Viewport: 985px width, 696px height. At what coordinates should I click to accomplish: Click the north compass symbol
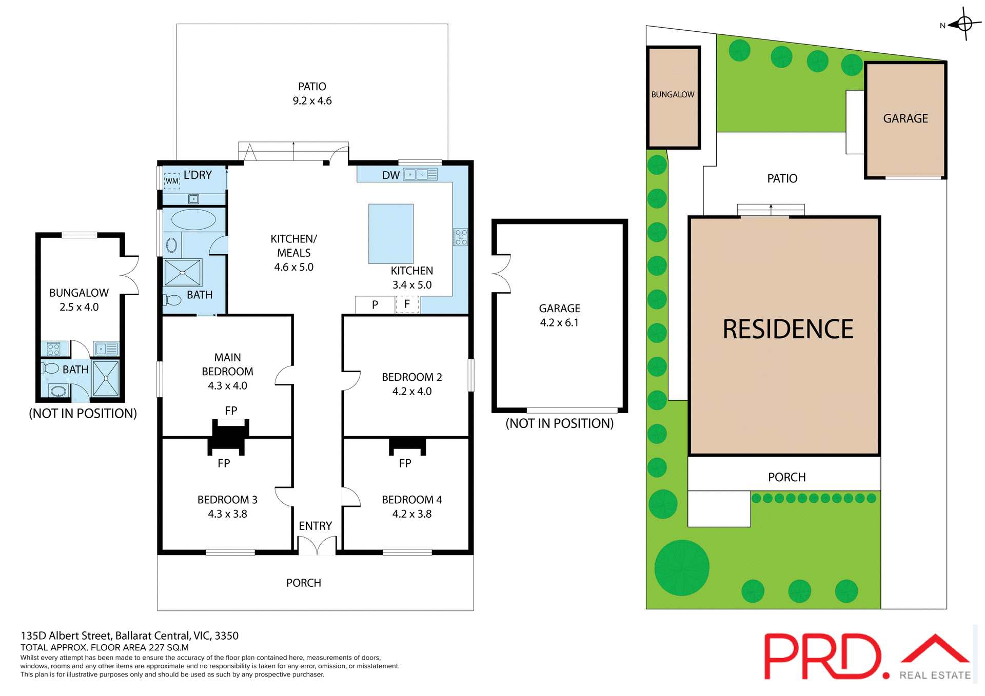(964, 24)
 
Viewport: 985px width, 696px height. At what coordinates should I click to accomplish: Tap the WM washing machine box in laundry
(172, 181)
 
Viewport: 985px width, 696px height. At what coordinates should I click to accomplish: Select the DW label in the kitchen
(390, 175)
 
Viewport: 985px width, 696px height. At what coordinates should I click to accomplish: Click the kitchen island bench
(391, 234)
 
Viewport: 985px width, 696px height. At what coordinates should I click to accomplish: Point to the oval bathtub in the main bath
(193, 219)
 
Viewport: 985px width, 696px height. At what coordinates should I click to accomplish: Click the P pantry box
(375, 304)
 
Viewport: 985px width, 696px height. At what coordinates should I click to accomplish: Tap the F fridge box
(407, 304)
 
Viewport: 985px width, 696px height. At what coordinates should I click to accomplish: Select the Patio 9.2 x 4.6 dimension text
(312, 101)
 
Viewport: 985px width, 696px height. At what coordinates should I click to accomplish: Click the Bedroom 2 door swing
(352, 380)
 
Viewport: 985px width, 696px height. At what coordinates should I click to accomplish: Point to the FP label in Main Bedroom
(231, 411)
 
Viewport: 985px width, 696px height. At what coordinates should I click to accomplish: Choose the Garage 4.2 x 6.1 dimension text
(559, 322)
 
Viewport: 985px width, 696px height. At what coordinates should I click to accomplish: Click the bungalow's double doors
(130, 275)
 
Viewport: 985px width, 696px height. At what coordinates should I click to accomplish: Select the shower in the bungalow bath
(106, 378)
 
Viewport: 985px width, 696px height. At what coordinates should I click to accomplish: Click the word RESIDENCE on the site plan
(787, 330)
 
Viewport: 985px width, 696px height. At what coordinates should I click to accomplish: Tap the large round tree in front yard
(682, 568)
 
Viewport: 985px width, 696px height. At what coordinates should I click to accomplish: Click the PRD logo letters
(823, 657)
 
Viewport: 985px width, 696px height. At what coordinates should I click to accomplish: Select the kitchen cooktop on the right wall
(461, 237)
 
